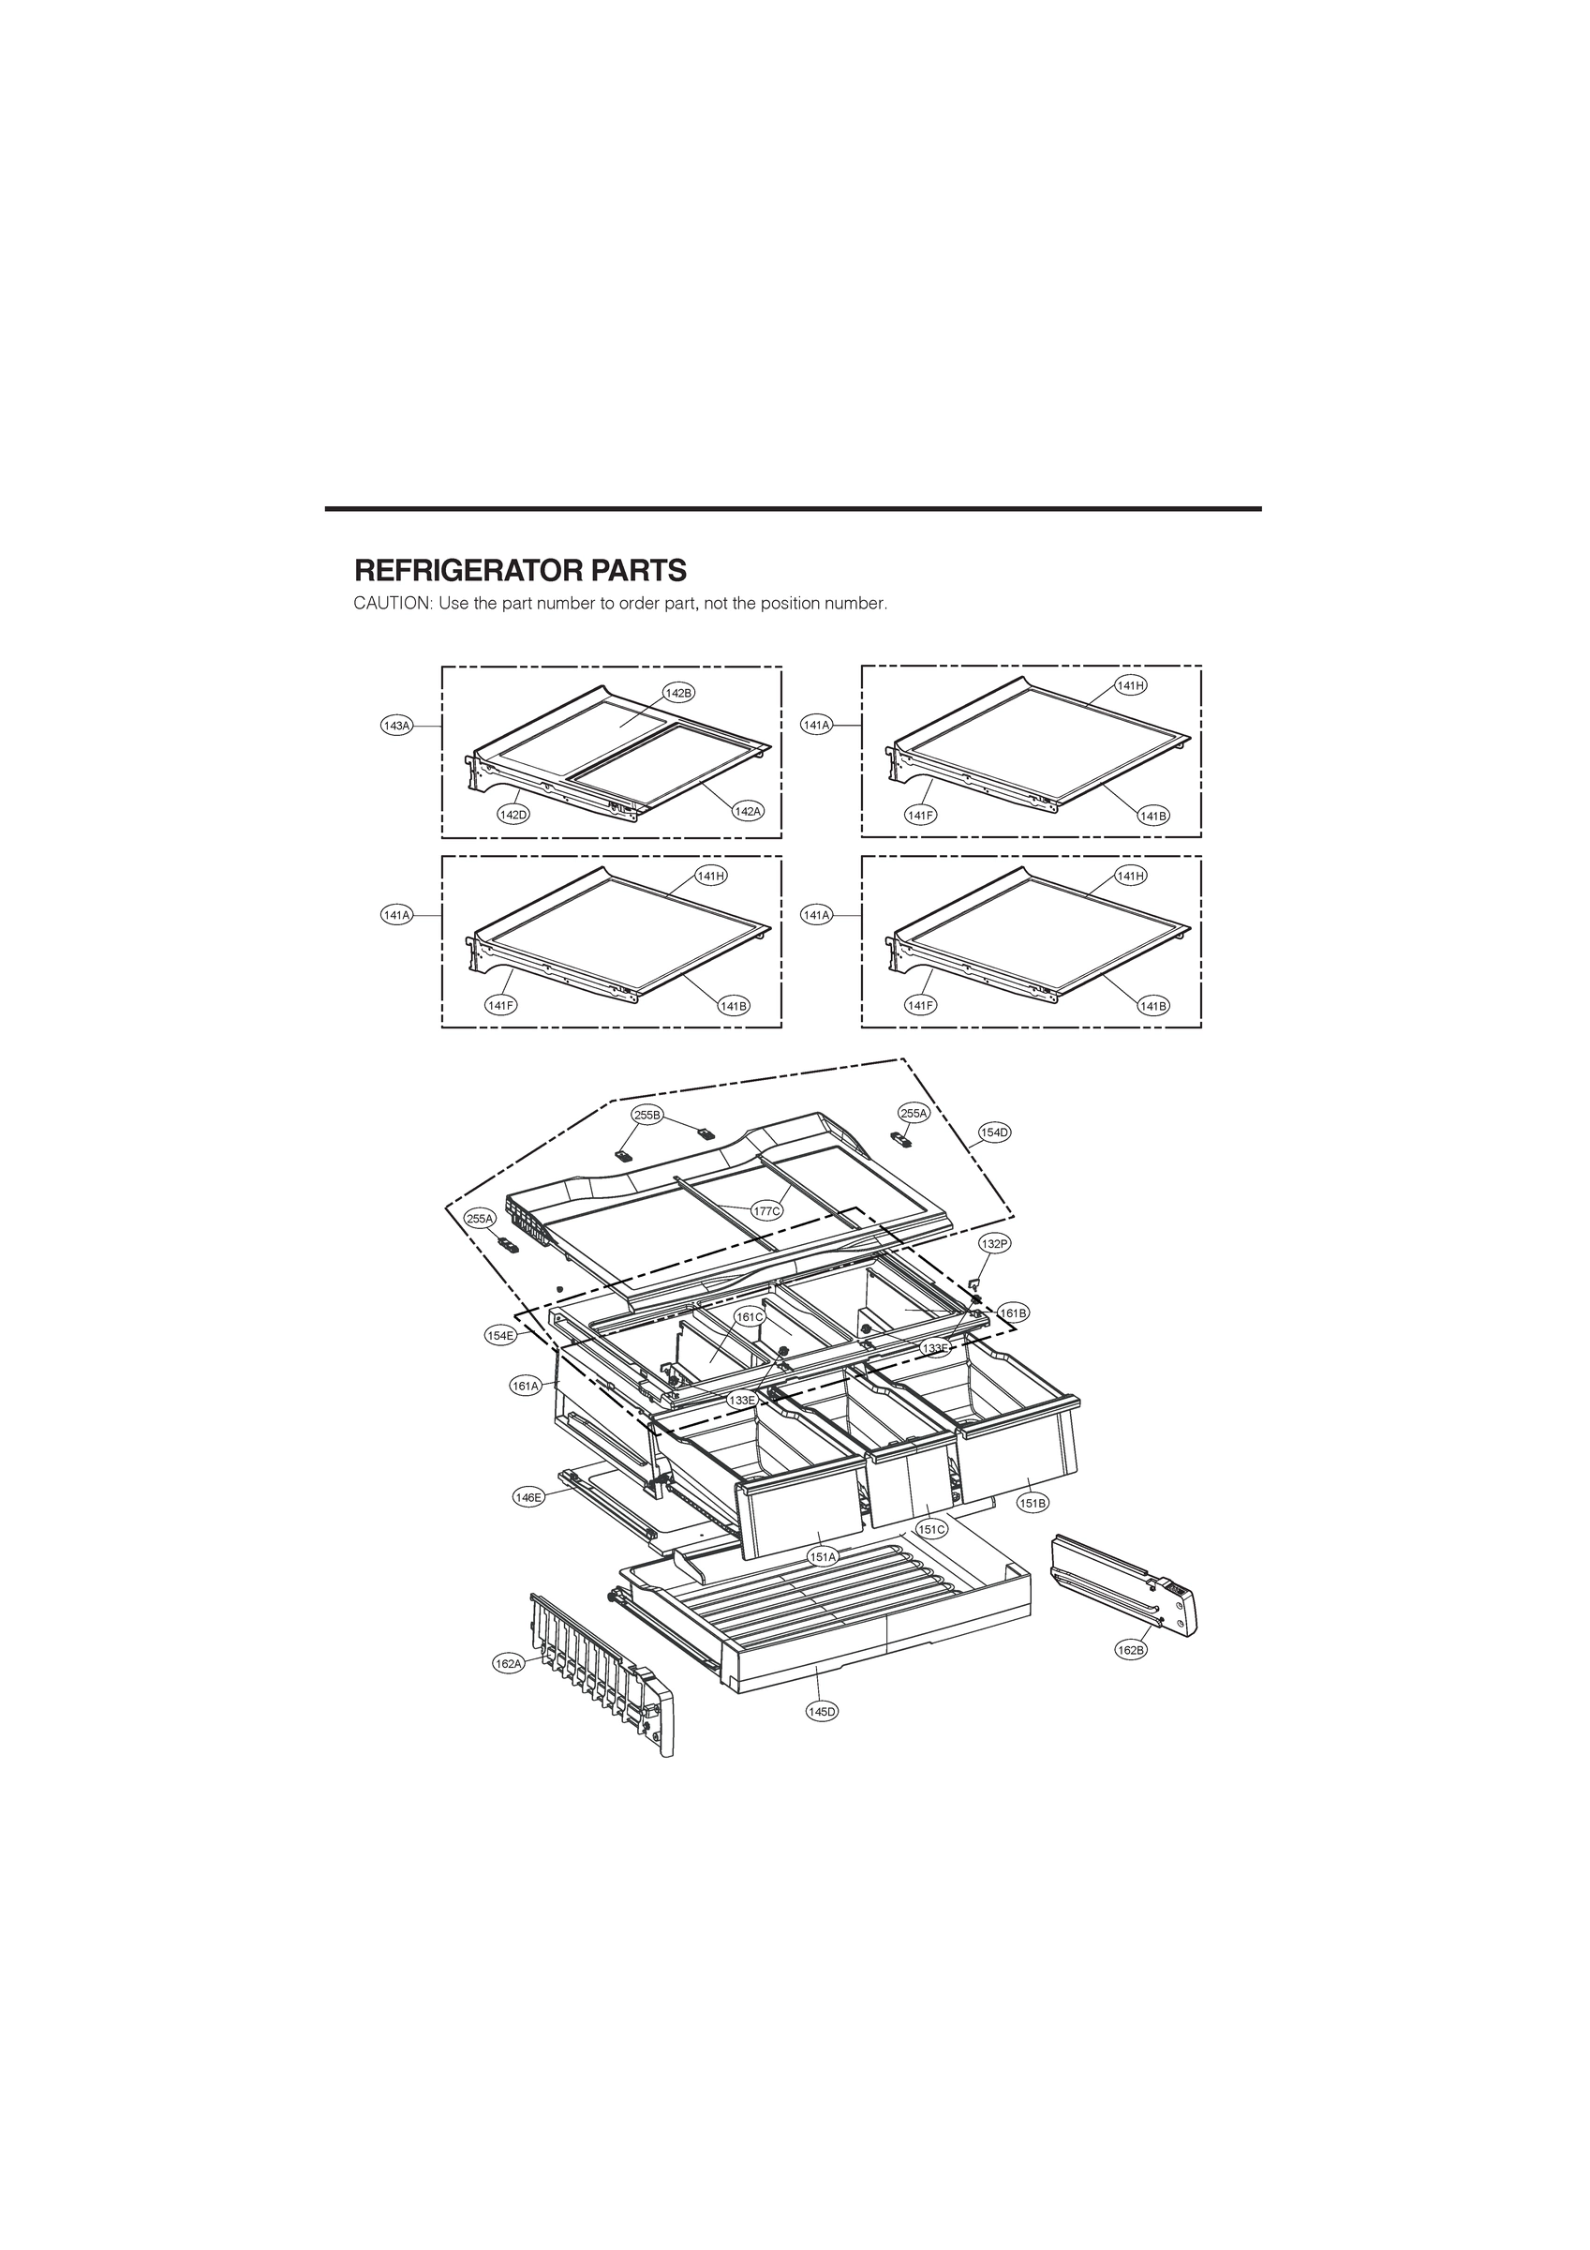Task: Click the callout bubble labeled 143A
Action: pyautogui.click(x=396, y=726)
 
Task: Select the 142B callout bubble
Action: pyautogui.click(x=678, y=693)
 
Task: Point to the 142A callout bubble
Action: pyautogui.click(x=748, y=812)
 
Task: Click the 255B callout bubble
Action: pyautogui.click(x=647, y=1115)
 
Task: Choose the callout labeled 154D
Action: pyautogui.click(x=994, y=1132)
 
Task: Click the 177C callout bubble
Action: pyautogui.click(x=767, y=1210)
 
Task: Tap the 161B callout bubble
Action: pyautogui.click(x=1013, y=1312)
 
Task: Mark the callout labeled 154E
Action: pyautogui.click(x=500, y=1335)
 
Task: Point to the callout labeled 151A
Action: pyautogui.click(x=823, y=1556)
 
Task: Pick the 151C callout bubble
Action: pyautogui.click(x=931, y=1529)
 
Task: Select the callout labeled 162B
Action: pyautogui.click(x=1131, y=1650)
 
